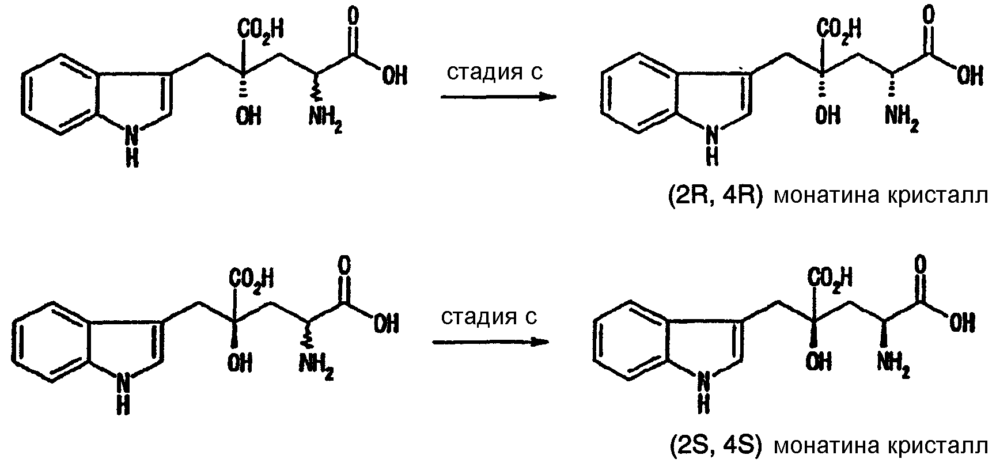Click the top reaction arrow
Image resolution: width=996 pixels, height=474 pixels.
click(499, 97)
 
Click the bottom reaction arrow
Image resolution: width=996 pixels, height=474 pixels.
click(490, 342)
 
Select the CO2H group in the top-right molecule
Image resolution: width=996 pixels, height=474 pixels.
click(838, 29)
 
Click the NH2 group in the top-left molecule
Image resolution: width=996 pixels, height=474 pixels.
click(325, 119)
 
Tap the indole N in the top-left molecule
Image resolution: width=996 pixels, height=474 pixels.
click(132, 135)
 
